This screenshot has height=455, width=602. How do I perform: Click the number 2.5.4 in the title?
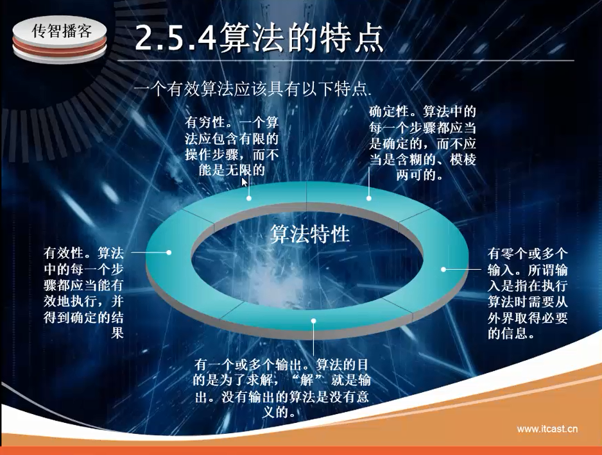coord(175,38)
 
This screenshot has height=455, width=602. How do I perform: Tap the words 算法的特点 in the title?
coord(302,37)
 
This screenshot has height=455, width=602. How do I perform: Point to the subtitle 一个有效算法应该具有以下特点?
coord(253,89)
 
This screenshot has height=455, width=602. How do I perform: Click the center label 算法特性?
coord(310,234)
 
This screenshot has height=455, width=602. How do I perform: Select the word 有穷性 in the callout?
coord(204,122)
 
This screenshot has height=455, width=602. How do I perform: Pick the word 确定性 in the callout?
coord(388,112)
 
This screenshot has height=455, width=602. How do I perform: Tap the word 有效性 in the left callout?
coord(64,253)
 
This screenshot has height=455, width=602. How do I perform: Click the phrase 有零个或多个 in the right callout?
coord(528,254)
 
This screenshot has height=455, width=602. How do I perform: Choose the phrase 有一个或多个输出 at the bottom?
coord(248,364)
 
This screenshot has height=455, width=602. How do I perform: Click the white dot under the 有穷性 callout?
coord(249,198)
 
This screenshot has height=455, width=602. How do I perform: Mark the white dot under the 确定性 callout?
coord(368,198)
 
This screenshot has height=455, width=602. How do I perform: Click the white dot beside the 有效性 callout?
coord(169,252)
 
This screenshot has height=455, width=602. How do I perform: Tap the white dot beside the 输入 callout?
coord(443,269)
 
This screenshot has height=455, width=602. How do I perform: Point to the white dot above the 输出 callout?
coord(314,321)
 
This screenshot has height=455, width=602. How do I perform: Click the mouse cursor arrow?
coord(244,182)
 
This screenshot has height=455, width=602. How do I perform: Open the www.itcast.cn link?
coord(547,429)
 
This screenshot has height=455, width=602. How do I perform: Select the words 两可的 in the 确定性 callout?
coord(416,176)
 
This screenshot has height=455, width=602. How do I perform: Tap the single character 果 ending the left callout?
coord(117,333)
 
